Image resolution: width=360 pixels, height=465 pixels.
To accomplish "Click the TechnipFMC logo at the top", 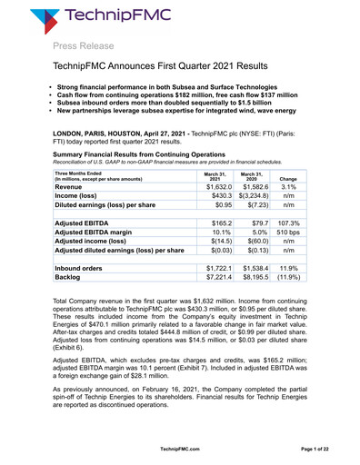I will coord(84,19).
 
